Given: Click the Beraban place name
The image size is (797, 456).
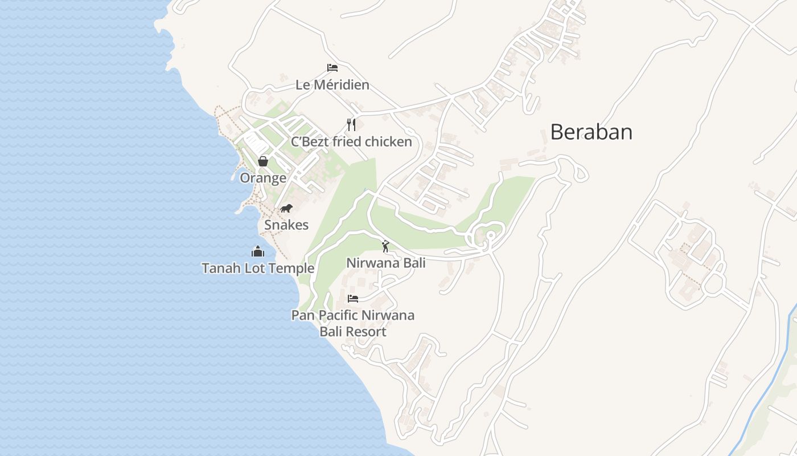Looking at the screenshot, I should click(x=591, y=132).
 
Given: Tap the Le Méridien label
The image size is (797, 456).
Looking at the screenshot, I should click(x=332, y=85).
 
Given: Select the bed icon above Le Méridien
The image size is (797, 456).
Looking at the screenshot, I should click(x=332, y=68).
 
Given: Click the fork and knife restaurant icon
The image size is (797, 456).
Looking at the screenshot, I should click(x=351, y=125).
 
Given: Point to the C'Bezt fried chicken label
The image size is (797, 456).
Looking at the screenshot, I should click(x=351, y=142).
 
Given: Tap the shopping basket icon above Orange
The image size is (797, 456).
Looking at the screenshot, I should click(x=263, y=161).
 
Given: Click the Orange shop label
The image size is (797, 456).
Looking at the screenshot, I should click(x=263, y=178).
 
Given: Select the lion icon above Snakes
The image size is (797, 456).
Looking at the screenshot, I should click(x=286, y=208).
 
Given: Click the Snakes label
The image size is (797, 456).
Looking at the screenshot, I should click(x=286, y=225).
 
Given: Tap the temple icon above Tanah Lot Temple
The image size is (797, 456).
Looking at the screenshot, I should click(x=258, y=251).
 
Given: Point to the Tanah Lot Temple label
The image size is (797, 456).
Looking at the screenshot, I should click(x=258, y=268).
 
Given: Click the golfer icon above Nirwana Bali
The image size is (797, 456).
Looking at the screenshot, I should click(x=386, y=246).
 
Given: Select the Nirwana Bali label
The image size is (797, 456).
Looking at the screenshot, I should click(x=386, y=263).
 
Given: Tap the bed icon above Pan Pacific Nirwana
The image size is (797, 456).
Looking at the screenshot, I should click(x=353, y=299).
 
